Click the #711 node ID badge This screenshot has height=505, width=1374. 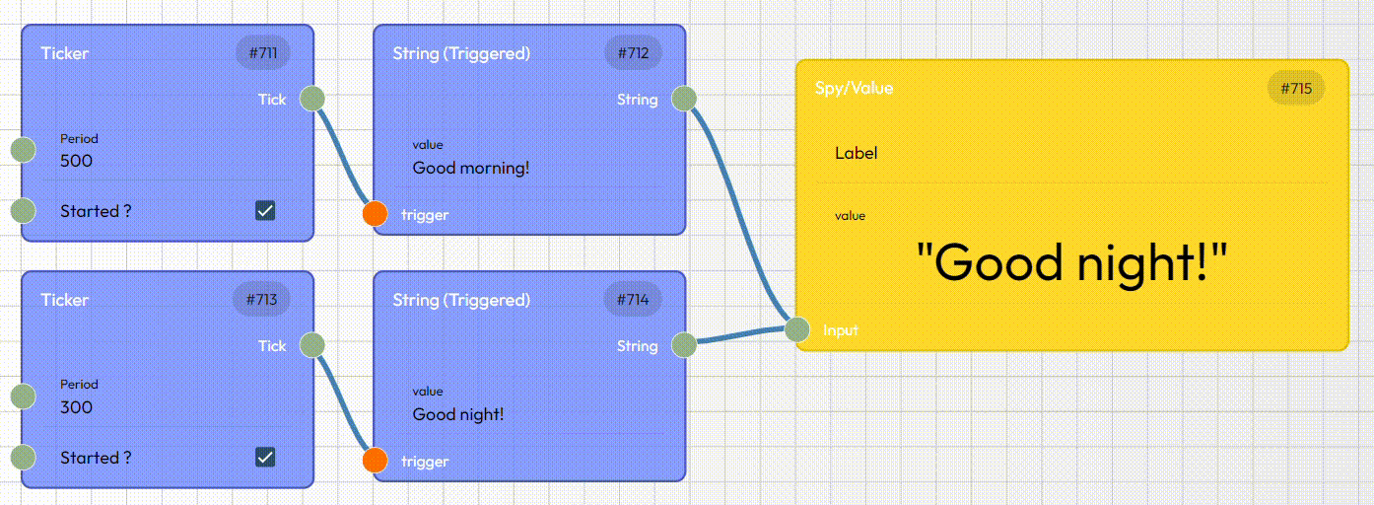(x=262, y=53)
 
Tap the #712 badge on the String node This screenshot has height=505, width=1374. (x=633, y=53)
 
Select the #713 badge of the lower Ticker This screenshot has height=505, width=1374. (x=262, y=300)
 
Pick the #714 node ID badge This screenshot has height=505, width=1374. (x=633, y=300)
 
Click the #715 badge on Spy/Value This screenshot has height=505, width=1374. (x=1296, y=89)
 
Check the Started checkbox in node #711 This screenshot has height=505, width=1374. (x=265, y=210)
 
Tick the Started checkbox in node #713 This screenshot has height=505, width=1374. (x=265, y=457)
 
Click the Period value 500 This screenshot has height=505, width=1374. (x=77, y=161)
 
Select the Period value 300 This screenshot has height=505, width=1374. (x=77, y=407)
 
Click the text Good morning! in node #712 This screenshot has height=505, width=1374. (x=471, y=168)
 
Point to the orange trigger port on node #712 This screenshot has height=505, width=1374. (x=375, y=214)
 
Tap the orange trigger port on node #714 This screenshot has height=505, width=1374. (x=375, y=461)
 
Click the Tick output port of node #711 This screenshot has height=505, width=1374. (x=312, y=99)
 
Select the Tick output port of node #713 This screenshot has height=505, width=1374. (x=312, y=345)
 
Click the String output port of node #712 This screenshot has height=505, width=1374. (x=684, y=99)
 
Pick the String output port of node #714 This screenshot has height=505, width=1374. (x=684, y=345)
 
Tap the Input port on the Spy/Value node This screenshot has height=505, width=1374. (x=798, y=329)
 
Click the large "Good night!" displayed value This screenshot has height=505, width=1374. (x=1072, y=263)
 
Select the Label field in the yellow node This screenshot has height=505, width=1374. (x=857, y=153)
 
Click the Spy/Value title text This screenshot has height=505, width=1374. (x=854, y=88)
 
